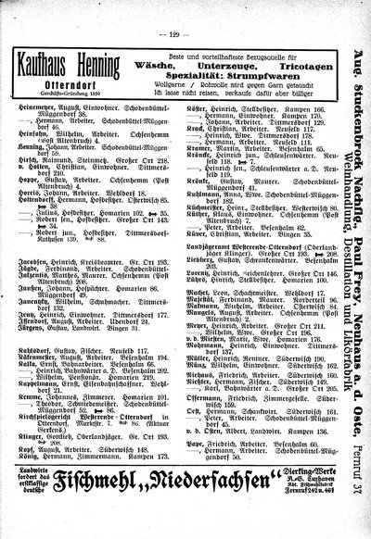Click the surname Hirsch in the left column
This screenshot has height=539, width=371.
point(44,188)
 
